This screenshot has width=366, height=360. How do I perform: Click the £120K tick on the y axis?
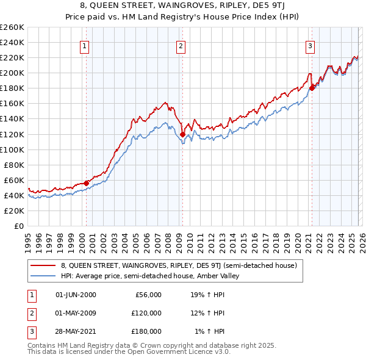coord(12,134)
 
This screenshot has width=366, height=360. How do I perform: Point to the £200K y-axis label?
coord(12,73)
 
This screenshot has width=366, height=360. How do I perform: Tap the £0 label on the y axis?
coord(19,226)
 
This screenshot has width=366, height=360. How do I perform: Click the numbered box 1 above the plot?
coord(84,46)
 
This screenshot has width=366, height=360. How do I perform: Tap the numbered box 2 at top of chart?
coord(181,46)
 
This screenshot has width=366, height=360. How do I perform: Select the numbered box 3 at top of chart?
coord(310,46)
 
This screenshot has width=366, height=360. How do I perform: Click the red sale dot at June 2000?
coord(86,182)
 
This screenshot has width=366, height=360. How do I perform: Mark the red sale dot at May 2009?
coord(182,134)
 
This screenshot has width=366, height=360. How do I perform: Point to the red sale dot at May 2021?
coord(312,88)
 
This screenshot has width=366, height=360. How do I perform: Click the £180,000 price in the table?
coord(146,331)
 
